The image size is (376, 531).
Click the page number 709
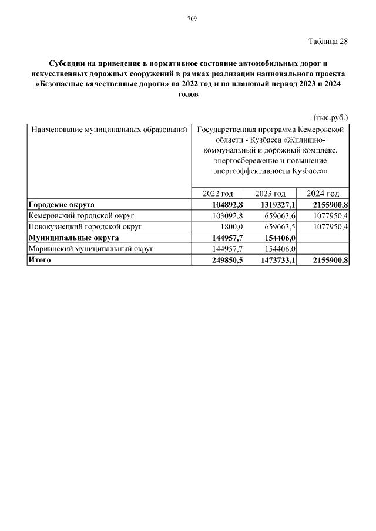click(192, 19)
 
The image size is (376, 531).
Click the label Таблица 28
click(328, 42)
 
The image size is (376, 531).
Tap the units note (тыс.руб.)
click(331, 117)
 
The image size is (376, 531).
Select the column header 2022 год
click(217, 194)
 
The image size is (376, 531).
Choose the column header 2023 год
click(270, 194)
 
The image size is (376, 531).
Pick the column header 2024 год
click(323, 194)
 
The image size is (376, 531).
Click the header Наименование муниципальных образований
click(109, 128)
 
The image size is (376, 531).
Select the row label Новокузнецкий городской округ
click(86, 226)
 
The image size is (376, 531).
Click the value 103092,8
click(226, 215)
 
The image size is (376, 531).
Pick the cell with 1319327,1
click(275, 205)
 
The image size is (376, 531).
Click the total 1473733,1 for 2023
click(275, 260)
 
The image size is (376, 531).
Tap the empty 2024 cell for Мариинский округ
click(324, 249)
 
